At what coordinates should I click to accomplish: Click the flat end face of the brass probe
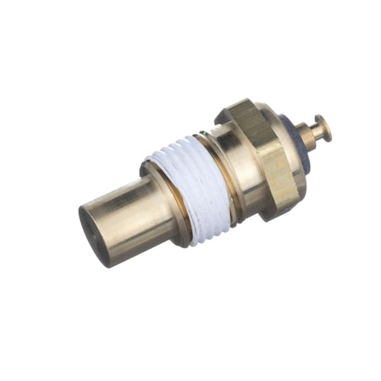[x=92, y=233]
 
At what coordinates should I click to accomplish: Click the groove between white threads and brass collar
[x=221, y=165]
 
